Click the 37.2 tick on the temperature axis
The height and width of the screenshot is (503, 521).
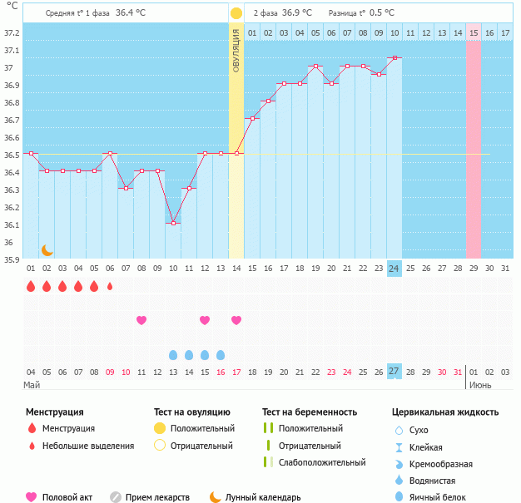[x=12, y=33]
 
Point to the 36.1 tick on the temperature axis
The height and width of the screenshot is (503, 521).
[x=12, y=225]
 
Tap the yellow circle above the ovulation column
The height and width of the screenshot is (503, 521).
[x=236, y=14]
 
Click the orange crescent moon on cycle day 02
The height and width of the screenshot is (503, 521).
[x=47, y=249]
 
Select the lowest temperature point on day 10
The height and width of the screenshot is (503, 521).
[x=173, y=223]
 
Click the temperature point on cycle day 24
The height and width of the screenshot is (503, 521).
[x=394, y=58]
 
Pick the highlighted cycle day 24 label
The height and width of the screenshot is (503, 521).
[x=394, y=269]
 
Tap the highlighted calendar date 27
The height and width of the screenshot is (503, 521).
[x=394, y=372]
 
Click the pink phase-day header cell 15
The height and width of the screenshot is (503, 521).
[x=473, y=32]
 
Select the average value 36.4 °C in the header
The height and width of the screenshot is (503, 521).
[x=131, y=13]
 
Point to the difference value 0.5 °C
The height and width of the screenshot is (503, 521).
[x=382, y=13]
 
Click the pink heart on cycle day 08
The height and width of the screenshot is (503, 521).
[x=141, y=320]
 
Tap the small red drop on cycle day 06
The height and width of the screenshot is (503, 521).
[x=110, y=287]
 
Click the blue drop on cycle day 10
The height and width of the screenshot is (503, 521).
[x=173, y=355]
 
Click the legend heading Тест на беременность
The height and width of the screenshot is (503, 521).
[x=309, y=412]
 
